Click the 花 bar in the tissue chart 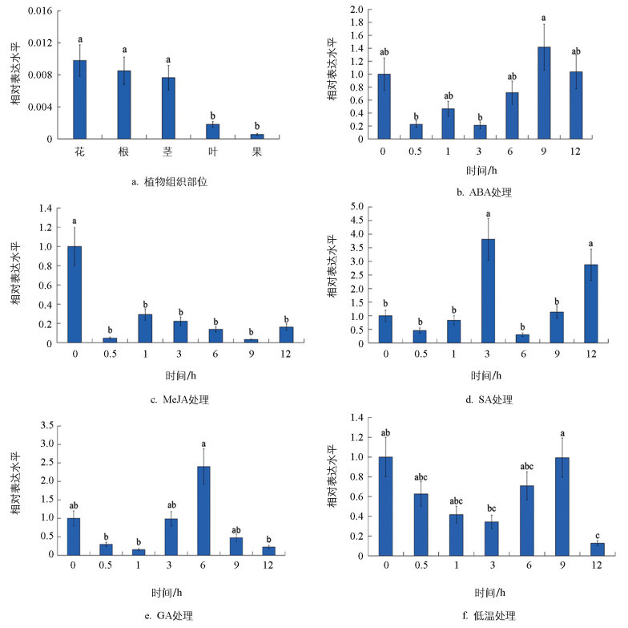coord(80,99)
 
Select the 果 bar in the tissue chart coord(257,136)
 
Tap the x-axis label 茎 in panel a coord(169,150)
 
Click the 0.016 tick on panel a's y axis coord(41,11)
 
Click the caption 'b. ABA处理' coord(478,192)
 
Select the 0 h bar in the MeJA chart coord(75,294)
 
